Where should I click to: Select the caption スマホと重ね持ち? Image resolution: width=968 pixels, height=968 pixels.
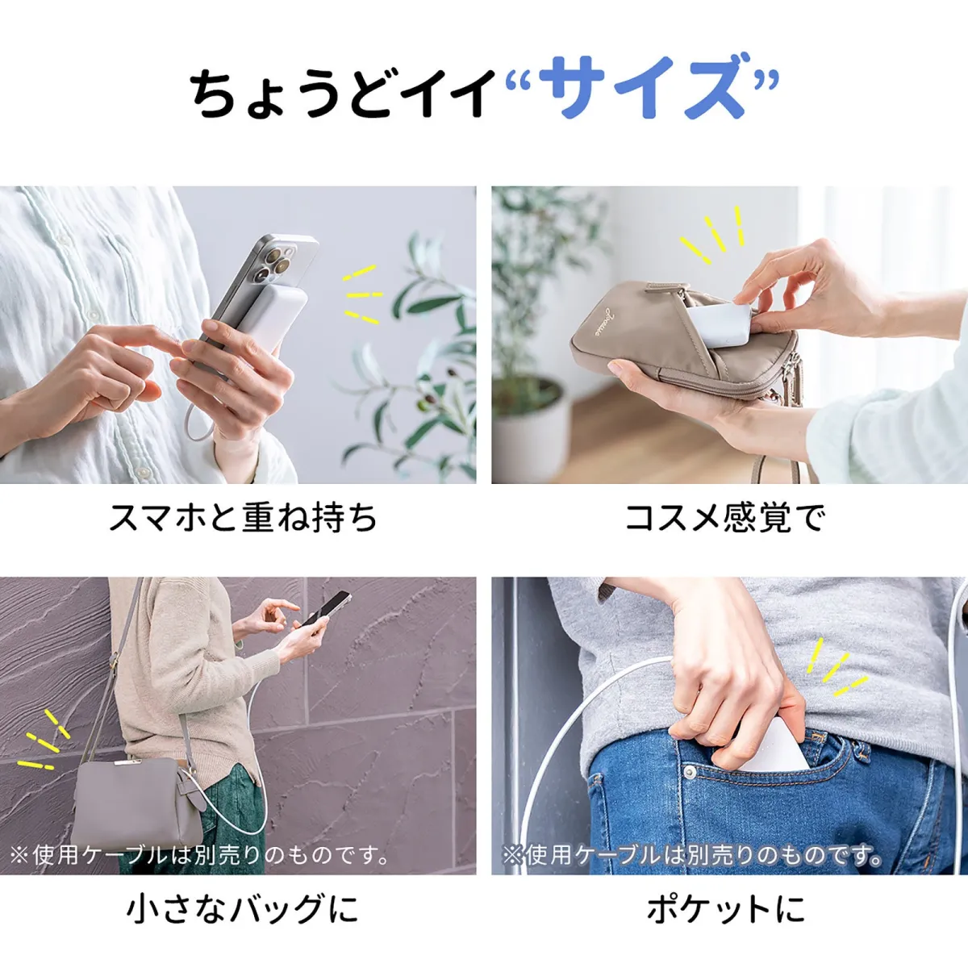(x=243, y=517)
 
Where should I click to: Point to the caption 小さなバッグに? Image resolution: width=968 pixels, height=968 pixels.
(x=243, y=909)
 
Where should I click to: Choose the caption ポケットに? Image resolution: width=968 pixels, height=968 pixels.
(x=726, y=909)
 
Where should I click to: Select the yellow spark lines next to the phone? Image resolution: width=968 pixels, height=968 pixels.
(x=361, y=294)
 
